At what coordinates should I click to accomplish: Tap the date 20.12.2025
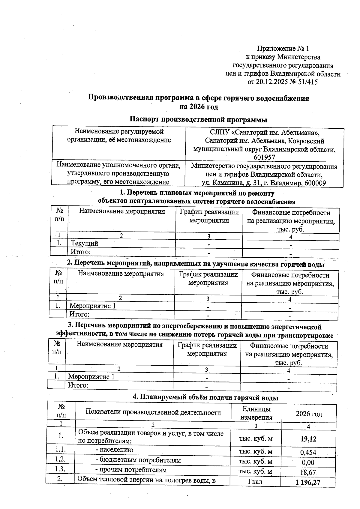[x=272, y=82]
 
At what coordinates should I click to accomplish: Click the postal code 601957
[x=264, y=157]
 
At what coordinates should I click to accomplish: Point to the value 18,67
[x=308, y=472]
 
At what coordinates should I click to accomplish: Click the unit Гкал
[x=255, y=482]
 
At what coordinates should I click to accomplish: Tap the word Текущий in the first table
[x=84, y=244]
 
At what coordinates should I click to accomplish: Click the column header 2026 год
[x=309, y=414]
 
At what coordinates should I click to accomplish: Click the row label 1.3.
[x=60, y=469]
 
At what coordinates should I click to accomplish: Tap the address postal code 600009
[x=315, y=183]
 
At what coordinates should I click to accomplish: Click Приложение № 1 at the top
[x=283, y=49]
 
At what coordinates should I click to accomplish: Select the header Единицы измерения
[x=256, y=413]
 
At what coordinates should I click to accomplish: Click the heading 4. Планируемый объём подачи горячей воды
[x=205, y=398]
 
